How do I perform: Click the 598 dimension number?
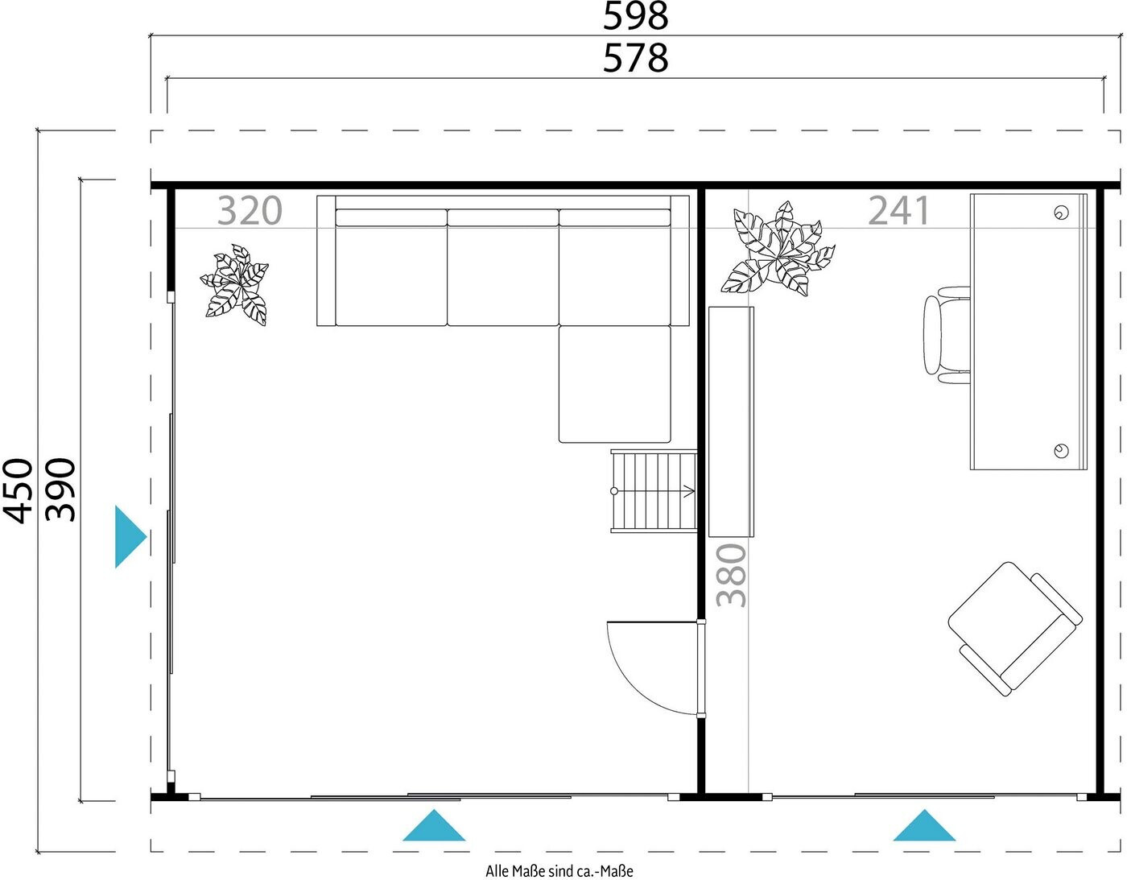coord(635,16)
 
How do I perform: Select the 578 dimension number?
coord(635,58)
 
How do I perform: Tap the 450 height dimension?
coord(19,490)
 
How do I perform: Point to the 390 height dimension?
coord(60,490)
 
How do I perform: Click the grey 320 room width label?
coord(250,210)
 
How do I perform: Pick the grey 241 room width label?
coord(899,210)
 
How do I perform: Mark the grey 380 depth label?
coord(731,575)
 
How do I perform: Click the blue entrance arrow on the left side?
coord(130,537)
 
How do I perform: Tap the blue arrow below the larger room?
coord(434,824)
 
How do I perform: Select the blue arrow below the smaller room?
coord(924,824)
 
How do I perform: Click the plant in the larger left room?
coord(235,285)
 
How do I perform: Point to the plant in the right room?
coord(778,249)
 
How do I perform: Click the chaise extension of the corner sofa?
coord(614,384)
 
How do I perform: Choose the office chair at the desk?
coord(947,335)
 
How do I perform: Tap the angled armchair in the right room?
coord(1015,629)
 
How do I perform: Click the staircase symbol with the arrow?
coord(654,491)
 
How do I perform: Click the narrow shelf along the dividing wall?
coord(731,422)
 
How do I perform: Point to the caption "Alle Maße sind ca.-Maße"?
coord(559,870)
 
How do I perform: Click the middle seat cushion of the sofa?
coord(502,267)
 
